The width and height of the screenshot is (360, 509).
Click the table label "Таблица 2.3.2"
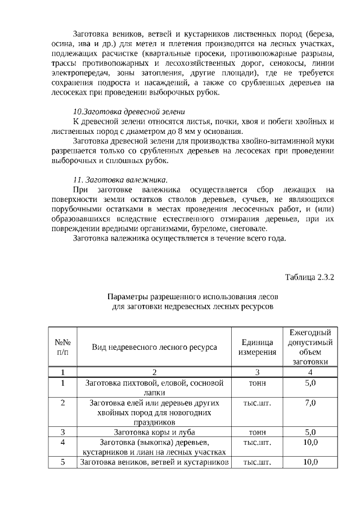pyautogui.click(x=309, y=277)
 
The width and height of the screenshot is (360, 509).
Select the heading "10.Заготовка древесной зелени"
pyautogui.click(x=129, y=111)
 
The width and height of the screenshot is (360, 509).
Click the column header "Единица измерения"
pyautogui.click(x=257, y=348)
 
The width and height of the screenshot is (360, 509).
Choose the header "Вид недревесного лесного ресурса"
pyautogui.click(x=154, y=348)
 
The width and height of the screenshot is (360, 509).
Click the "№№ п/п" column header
pyautogui.click(x=62, y=348)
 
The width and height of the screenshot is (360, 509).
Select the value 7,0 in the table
pyautogui.click(x=310, y=403)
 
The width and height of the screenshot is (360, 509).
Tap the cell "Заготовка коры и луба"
pyautogui.click(x=154, y=432)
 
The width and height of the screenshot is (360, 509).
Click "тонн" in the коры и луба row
pyautogui.click(x=257, y=432)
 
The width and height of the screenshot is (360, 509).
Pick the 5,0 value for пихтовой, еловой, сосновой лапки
pyautogui.click(x=310, y=384)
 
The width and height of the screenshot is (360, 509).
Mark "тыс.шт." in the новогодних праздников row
pyautogui.click(x=257, y=403)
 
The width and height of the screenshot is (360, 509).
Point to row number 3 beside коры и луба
pyautogui.click(x=62, y=432)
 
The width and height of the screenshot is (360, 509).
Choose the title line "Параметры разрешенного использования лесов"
pyautogui.click(x=192, y=296)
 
